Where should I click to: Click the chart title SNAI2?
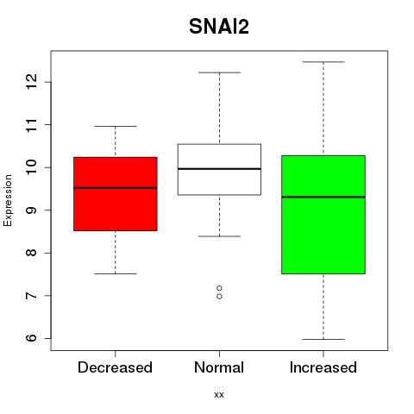pyautogui.click(x=219, y=27)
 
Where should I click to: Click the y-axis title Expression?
pyautogui.click(x=8, y=200)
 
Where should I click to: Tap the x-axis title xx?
pyautogui.click(x=219, y=394)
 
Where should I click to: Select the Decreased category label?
pyautogui.click(x=115, y=367)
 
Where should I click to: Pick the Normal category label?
pyautogui.click(x=219, y=367)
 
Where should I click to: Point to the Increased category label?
pyautogui.click(x=323, y=367)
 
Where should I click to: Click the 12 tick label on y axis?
pyautogui.click(x=32, y=82)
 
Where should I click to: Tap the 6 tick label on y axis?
pyautogui.click(x=32, y=338)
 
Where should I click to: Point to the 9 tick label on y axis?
pyautogui.click(x=32, y=210)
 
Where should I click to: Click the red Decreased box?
pyautogui.click(x=116, y=194)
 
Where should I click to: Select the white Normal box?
pyautogui.click(x=219, y=169)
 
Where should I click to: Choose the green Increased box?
pyautogui.click(x=323, y=215)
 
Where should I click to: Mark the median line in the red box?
pyautogui.click(x=116, y=188)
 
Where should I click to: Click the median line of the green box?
pyautogui.click(x=323, y=197)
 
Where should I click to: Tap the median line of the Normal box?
pyautogui.click(x=219, y=169)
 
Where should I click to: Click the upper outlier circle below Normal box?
pyautogui.click(x=219, y=288)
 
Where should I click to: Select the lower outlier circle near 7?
pyautogui.click(x=219, y=297)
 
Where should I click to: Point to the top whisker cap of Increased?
pyautogui.click(x=323, y=62)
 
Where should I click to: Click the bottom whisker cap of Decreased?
pyautogui.click(x=116, y=273)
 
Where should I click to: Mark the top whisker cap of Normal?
pyautogui.click(x=219, y=72)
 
